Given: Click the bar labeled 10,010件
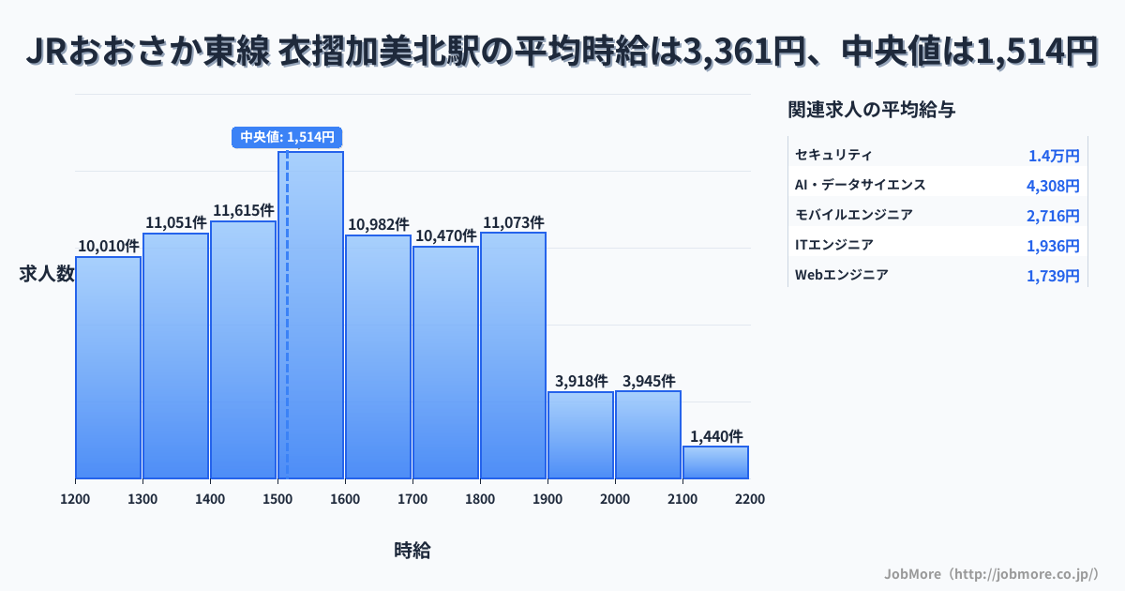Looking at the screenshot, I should coord(108,368).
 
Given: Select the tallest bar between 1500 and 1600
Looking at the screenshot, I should coord(310,315).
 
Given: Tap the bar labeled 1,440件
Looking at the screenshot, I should coord(715,462).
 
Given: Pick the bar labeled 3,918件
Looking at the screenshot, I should coord(580,435).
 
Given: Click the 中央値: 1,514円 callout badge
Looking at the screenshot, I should coord(287,137).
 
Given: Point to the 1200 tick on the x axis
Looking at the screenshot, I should coord(75,499).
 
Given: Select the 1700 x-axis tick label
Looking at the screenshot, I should coord(412,499).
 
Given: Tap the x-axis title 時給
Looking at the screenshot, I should coord(412,551).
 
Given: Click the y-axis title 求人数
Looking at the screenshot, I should coord(47,274).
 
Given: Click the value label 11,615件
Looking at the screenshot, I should coord(244,210).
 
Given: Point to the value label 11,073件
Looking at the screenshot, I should coord(513,222).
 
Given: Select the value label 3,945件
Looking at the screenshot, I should coord(648,381).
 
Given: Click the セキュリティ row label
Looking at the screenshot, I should coord(833,155).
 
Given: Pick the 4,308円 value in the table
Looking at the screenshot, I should coord(1053,186).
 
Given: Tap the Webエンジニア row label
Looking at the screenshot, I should coord(841,275).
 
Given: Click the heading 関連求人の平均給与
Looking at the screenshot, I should coord(872,110).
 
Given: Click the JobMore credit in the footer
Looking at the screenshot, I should coord(991,573).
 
